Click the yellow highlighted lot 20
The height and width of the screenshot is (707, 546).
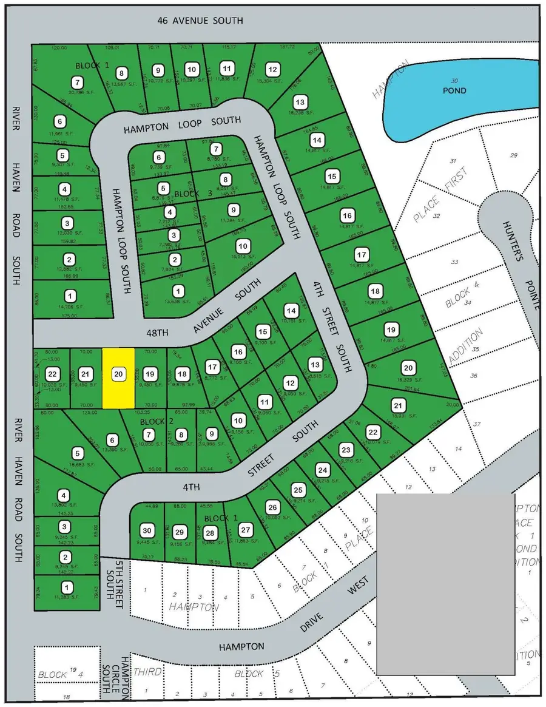118,377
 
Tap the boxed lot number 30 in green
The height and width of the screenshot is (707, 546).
146,529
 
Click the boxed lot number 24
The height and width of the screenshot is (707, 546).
323,469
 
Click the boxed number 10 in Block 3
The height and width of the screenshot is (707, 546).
243,246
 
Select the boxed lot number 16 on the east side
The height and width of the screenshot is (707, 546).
347,216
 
